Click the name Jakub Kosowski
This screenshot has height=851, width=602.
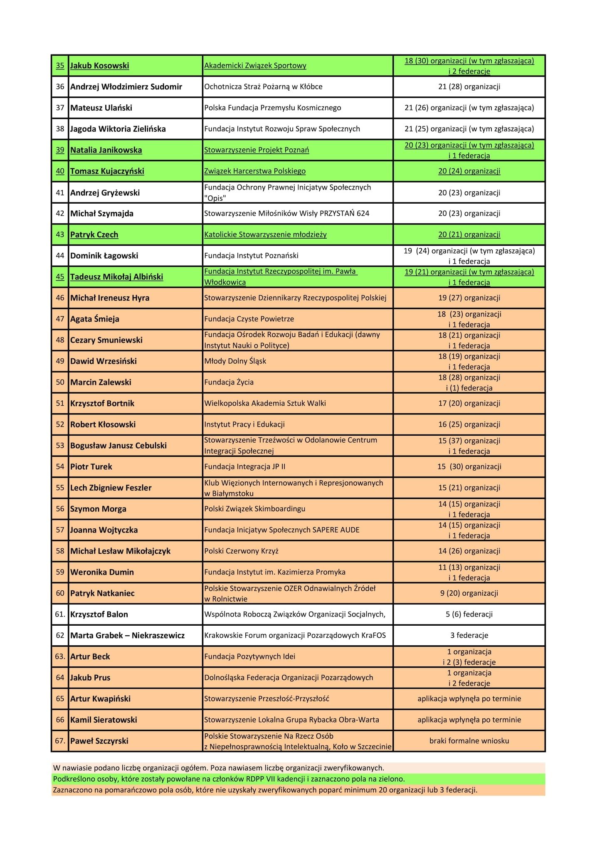(x=99, y=66)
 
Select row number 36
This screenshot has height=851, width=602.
(x=60, y=87)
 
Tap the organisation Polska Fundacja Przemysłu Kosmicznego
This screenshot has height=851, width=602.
(x=272, y=108)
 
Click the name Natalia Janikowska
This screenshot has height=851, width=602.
(x=106, y=150)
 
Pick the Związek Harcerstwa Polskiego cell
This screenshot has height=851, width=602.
(x=255, y=171)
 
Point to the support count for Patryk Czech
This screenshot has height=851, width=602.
(x=469, y=235)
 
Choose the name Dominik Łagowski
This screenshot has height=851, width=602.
(x=104, y=256)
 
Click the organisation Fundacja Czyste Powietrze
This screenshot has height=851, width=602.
(x=249, y=319)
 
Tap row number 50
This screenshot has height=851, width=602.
(x=60, y=382)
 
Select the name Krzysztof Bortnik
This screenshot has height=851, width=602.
(x=102, y=403)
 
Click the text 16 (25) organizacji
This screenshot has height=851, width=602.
(x=469, y=424)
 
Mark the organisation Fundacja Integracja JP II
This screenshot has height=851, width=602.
(x=245, y=466)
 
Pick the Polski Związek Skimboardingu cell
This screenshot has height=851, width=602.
(x=255, y=509)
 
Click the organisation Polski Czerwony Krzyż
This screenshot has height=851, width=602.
(x=241, y=551)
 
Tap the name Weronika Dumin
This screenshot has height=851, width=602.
(x=102, y=572)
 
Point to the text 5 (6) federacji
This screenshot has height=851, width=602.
(x=469, y=614)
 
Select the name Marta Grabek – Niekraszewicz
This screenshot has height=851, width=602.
(x=127, y=635)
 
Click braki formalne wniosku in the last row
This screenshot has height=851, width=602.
(x=469, y=741)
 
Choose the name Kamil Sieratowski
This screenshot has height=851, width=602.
(x=104, y=720)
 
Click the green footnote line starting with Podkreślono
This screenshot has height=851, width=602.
(x=229, y=779)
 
